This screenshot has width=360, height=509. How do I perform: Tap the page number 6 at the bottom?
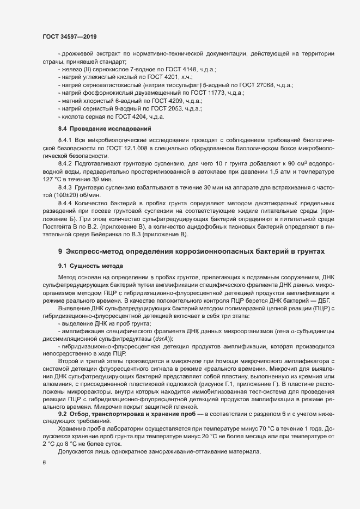(44, 463)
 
